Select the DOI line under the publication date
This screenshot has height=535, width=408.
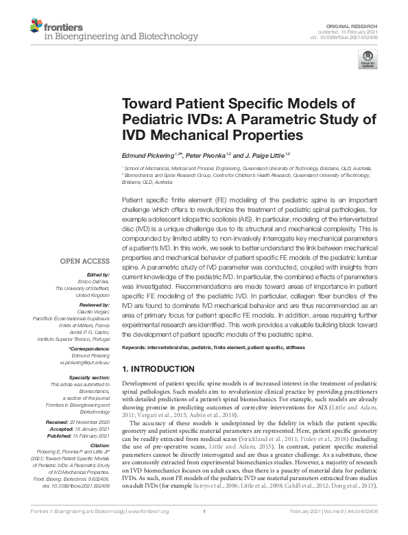click(345, 36)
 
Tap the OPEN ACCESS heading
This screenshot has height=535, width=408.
click(84, 261)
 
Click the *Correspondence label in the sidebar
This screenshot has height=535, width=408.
click(89, 349)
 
